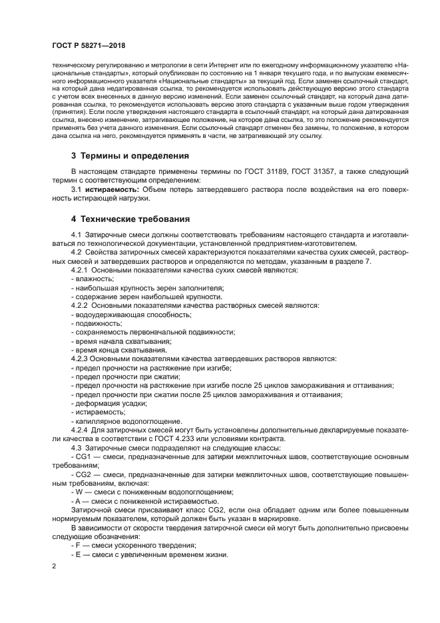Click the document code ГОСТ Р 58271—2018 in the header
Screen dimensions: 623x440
[x=90, y=45]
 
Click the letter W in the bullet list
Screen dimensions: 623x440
[x=79, y=492]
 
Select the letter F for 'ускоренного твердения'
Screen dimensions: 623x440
[x=78, y=545]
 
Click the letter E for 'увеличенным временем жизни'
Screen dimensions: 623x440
[x=78, y=554]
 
